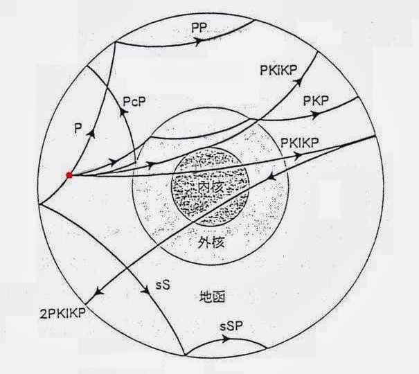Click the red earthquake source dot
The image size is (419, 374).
[x=69, y=175]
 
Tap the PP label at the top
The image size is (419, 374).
[x=200, y=27]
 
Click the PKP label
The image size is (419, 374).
[x=316, y=100]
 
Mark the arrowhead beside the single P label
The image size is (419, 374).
[x=90, y=136]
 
